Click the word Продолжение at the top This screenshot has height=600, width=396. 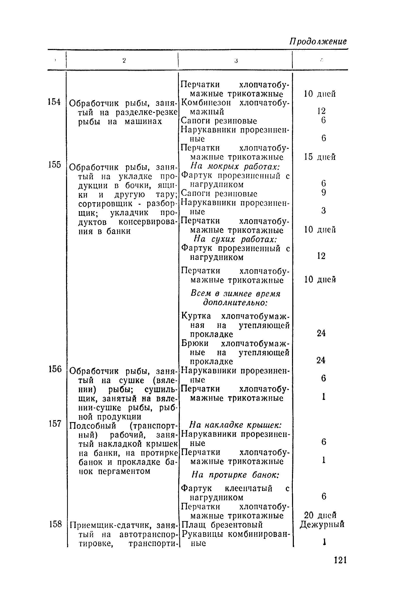[x=318, y=42]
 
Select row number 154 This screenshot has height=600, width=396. [x=54, y=102]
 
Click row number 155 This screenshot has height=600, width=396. [x=54, y=164]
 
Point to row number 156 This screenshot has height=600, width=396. [x=55, y=369]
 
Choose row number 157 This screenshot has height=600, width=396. [x=55, y=423]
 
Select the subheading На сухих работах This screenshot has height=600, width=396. [x=235, y=240]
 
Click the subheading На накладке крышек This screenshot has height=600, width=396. [x=235, y=425]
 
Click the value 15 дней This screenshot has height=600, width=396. [x=320, y=157]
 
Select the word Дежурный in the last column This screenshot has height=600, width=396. [x=322, y=524]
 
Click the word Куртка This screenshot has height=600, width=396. [x=196, y=316]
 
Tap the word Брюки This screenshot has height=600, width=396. [x=195, y=343]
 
